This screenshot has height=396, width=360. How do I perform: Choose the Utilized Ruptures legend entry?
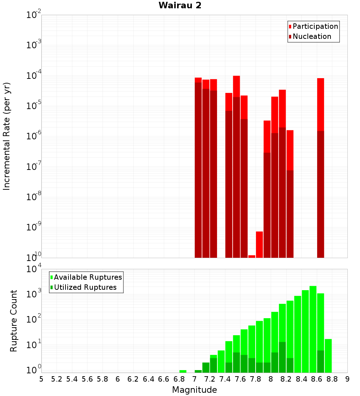click(x=85, y=287)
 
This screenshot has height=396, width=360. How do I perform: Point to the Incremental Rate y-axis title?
click(x=7, y=136)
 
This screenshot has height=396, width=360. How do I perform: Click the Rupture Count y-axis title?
click(x=14, y=321)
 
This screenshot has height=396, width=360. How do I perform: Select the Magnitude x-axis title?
click(x=194, y=390)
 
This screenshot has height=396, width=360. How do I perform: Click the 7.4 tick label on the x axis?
click(x=225, y=379)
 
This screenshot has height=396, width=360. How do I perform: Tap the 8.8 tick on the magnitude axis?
click(x=332, y=379)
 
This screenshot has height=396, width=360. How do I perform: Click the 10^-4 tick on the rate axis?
click(x=34, y=76)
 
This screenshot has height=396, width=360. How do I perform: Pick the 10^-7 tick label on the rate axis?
click(x=34, y=167)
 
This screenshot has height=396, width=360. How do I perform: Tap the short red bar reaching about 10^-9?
click(x=259, y=244)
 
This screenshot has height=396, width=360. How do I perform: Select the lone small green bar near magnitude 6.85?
click(x=183, y=371)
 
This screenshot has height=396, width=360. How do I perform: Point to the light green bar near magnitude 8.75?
click(x=328, y=356)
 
